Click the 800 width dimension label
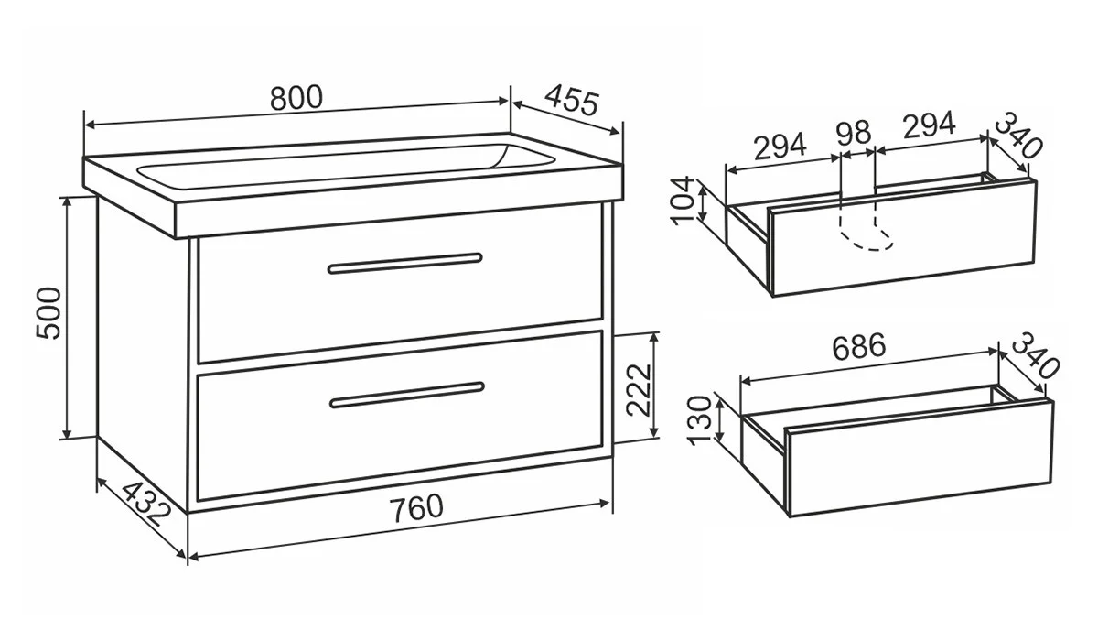coord(296,98)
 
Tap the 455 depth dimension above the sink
coord(572,100)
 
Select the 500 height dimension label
coord(49,313)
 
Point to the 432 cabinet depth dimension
coord(146,504)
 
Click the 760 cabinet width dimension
coord(416,507)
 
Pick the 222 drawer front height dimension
coord(639,390)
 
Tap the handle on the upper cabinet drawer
coord(404,263)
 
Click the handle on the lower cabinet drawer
coord(407,395)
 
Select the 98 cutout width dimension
coord(854,133)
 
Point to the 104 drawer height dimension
coord(683,201)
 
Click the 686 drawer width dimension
coord(859,346)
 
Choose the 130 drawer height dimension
coord(699,420)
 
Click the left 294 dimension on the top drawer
coord(780,146)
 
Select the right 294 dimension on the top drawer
coord(930,125)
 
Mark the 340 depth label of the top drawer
coord(1018,135)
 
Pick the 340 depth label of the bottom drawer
coord(1035,355)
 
